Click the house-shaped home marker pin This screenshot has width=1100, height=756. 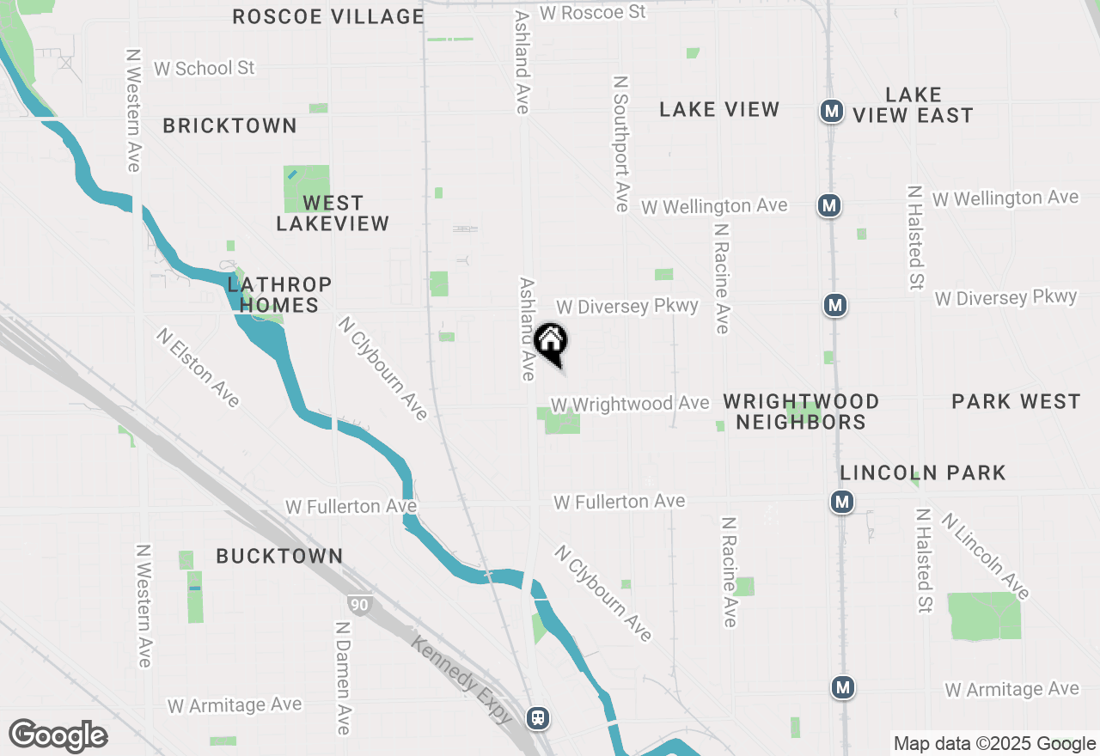(551, 342)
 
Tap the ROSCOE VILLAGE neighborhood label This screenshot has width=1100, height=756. (328, 16)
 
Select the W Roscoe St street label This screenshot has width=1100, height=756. (592, 12)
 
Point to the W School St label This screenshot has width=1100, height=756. (205, 68)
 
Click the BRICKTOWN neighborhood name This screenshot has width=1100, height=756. (229, 125)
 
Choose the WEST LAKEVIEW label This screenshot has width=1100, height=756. (333, 213)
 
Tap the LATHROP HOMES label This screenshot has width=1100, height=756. (279, 295)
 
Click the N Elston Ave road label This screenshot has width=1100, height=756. (198, 367)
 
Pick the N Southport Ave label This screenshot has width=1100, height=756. (621, 143)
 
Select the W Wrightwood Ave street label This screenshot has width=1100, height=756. (630, 403)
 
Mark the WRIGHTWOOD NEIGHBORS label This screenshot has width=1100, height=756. (801, 412)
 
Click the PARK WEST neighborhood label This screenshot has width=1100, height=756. (1016, 401)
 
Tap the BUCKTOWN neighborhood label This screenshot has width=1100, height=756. (279, 556)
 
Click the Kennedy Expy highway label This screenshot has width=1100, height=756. (461, 678)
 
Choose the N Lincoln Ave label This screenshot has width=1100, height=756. (986, 556)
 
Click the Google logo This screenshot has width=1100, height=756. (58, 735)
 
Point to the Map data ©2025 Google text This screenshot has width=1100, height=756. (994, 744)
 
